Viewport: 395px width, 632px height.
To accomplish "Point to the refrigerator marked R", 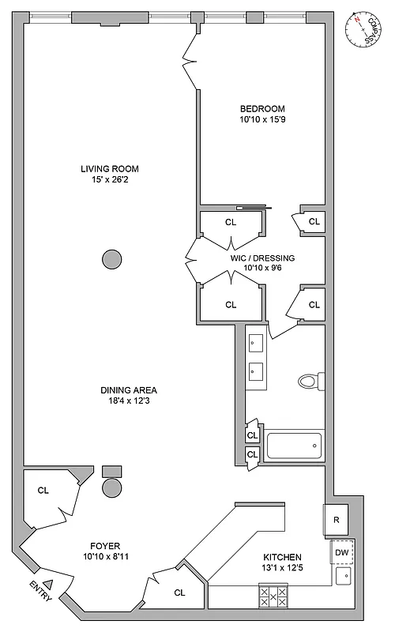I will point(336,520).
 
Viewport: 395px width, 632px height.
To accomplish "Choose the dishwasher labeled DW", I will point(342,552).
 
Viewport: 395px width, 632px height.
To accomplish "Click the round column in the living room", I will point(112,258).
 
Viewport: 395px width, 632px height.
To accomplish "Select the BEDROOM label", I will point(262,109).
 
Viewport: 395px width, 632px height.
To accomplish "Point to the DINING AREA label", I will point(128,389).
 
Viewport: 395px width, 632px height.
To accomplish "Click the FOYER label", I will point(103,545).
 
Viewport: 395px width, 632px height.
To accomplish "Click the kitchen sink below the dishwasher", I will point(344,577).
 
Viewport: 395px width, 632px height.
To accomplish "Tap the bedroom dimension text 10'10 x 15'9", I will point(262,121).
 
